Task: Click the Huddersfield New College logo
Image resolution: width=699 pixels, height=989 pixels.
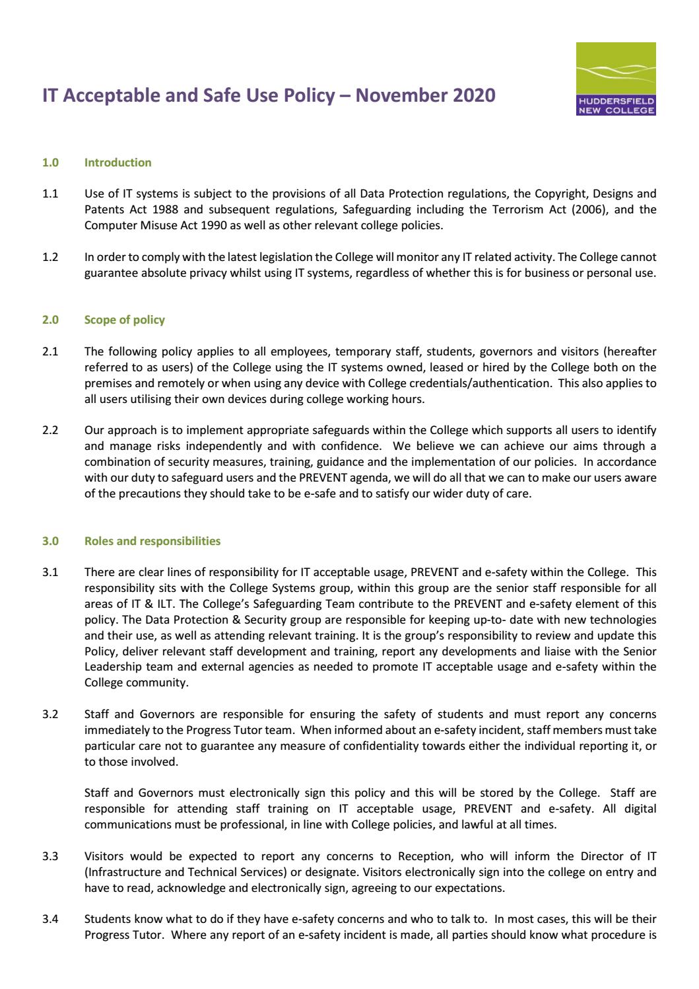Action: [x=616, y=79]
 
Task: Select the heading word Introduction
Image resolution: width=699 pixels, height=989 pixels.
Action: [x=117, y=163]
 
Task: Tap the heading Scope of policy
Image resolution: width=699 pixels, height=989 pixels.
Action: [x=125, y=320]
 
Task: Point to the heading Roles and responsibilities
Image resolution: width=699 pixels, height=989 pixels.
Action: [x=152, y=541]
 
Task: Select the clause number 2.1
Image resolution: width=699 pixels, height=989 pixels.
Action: [x=50, y=351]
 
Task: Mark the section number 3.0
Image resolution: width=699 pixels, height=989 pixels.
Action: [x=50, y=541]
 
